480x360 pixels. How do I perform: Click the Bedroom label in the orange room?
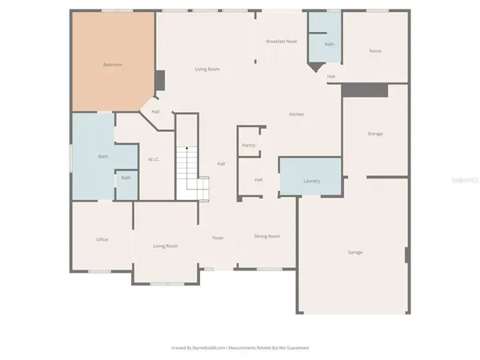[113, 64]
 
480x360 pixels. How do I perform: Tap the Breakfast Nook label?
[282, 41]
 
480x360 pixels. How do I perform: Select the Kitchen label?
[296, 115]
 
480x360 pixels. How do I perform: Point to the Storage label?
[375, 134]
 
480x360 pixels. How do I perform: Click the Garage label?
[355, 253]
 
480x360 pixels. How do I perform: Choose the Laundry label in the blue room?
[311, 182]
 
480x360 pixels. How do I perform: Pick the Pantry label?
[248, 146]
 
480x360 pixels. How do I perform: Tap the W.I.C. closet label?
[154, 160]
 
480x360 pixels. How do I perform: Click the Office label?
[102, 239]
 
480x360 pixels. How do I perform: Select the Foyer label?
[218, 238]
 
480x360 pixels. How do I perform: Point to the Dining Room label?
[267, 236]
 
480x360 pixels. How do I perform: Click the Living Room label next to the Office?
[166, 246]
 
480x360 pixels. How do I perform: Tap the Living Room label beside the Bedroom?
[207, 70]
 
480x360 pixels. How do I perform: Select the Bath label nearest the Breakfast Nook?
[329, 44]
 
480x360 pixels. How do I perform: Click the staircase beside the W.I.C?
[192, 168]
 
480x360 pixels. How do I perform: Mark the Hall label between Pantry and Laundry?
[258, 180]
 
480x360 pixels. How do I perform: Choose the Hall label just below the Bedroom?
[155, 111]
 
